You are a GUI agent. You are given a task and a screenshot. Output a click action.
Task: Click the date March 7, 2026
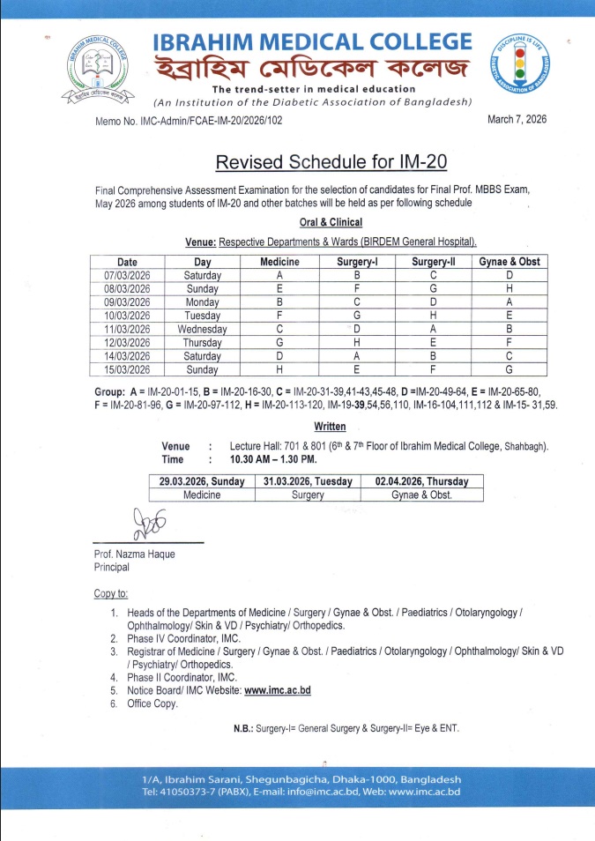pos(517,120)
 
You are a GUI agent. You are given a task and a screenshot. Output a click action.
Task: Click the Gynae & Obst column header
pos(509,262)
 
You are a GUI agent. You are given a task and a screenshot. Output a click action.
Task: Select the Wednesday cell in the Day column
pos(202,329)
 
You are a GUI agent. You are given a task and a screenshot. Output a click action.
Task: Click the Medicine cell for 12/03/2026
pos(279,342)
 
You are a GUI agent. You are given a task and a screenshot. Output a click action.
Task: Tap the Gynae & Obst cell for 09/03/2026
pos(509,301)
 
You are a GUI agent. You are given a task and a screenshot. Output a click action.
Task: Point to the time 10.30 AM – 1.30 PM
pos(273,459)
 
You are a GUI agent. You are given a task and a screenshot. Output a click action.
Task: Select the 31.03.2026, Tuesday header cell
pos(308,481)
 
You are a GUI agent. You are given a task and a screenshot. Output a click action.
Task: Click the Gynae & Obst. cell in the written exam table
pos(421,495)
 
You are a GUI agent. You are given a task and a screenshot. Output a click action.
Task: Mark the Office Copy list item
pos(152,703)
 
